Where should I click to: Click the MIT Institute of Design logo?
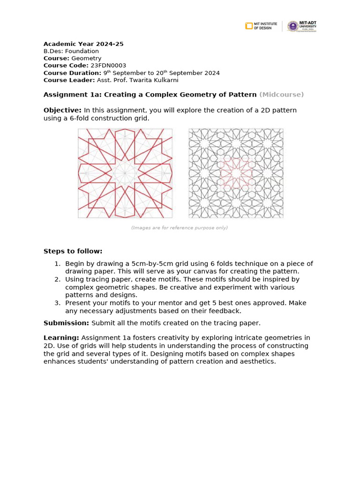(x=261, y=26)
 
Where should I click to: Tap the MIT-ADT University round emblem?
(x=292, y=26)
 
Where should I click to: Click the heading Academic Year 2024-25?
(x=83, y=44)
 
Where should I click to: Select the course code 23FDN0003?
(x=108, y=66)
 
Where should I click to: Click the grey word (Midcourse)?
(x=281, y=94)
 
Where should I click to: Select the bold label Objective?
(x=62, y=110)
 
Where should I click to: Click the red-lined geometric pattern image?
(x=125, y=173)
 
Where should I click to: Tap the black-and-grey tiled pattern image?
(x=236, y=173)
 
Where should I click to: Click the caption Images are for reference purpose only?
(x=180, y=228)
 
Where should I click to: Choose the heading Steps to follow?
(x=73, y=251)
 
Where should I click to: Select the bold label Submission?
(x=66, y=323)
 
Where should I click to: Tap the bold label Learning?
(x=61, y=337)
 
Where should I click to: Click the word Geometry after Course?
(x=86, y=58)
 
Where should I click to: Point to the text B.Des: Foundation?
(x=71, y=51)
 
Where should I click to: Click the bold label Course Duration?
(x=72, y=73)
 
